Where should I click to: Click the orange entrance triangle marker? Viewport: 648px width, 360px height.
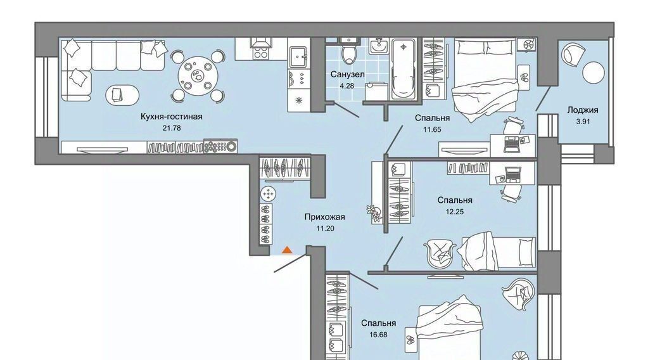pos(287,250)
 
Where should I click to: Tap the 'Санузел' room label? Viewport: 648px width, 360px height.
pos(347,74)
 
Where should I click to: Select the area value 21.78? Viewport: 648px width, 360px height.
pos(172,128)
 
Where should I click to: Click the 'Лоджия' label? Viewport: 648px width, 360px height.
pos(583,110)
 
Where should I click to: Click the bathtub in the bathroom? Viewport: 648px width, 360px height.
pos(403,69)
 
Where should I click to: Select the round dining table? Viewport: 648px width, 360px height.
pos(198,76)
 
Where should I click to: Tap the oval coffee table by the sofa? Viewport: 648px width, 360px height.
pos(123,94)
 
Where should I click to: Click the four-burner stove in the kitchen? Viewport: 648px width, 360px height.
pos(261,53)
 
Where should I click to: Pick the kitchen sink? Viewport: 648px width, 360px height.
pos(298,57)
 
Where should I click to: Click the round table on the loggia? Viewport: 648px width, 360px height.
pos(594,72)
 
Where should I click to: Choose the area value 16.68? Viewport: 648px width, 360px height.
pos(378,335)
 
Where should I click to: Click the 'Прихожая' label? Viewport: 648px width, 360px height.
pos(324,217)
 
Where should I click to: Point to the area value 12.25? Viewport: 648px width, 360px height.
pos(455,212)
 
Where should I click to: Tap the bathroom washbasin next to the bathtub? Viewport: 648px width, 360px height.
pos(378,46)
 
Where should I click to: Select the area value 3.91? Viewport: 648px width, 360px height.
pos(583,122)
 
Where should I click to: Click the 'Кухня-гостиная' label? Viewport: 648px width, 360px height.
pos(172,117)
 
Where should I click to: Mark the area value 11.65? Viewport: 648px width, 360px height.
pos(432,129)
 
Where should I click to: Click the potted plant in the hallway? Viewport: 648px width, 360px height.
pos(374,213)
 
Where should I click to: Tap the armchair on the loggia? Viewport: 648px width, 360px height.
pos(574,53)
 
